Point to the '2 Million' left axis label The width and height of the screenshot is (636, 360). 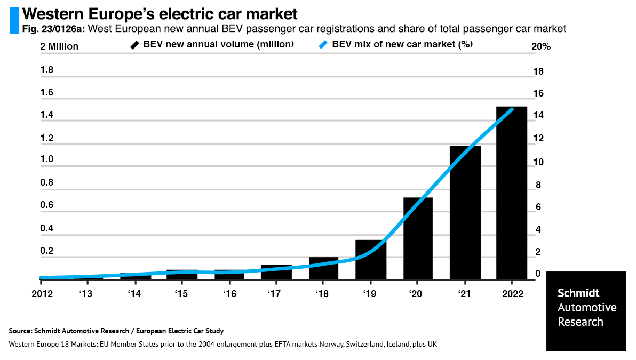tap(59, 46)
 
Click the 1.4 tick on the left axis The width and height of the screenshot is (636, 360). tap(47, 115)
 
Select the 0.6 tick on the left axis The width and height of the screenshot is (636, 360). tap(47, 205)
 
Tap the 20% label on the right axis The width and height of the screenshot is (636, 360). tap(540, 47)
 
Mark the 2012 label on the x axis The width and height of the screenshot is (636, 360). tap(42, 294)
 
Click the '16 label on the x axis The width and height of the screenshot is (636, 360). tap(230, 294)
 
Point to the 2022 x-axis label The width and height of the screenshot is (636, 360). tap(512, 294)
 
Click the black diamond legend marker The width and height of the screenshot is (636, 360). tap(135, 45)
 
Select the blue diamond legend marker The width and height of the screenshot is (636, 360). tap(323, 45)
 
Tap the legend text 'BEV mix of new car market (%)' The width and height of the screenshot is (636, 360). tap(402, 45)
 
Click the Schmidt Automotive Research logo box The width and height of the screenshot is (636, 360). tap(586, 311)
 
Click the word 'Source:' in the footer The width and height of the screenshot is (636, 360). tap(20, 331)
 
